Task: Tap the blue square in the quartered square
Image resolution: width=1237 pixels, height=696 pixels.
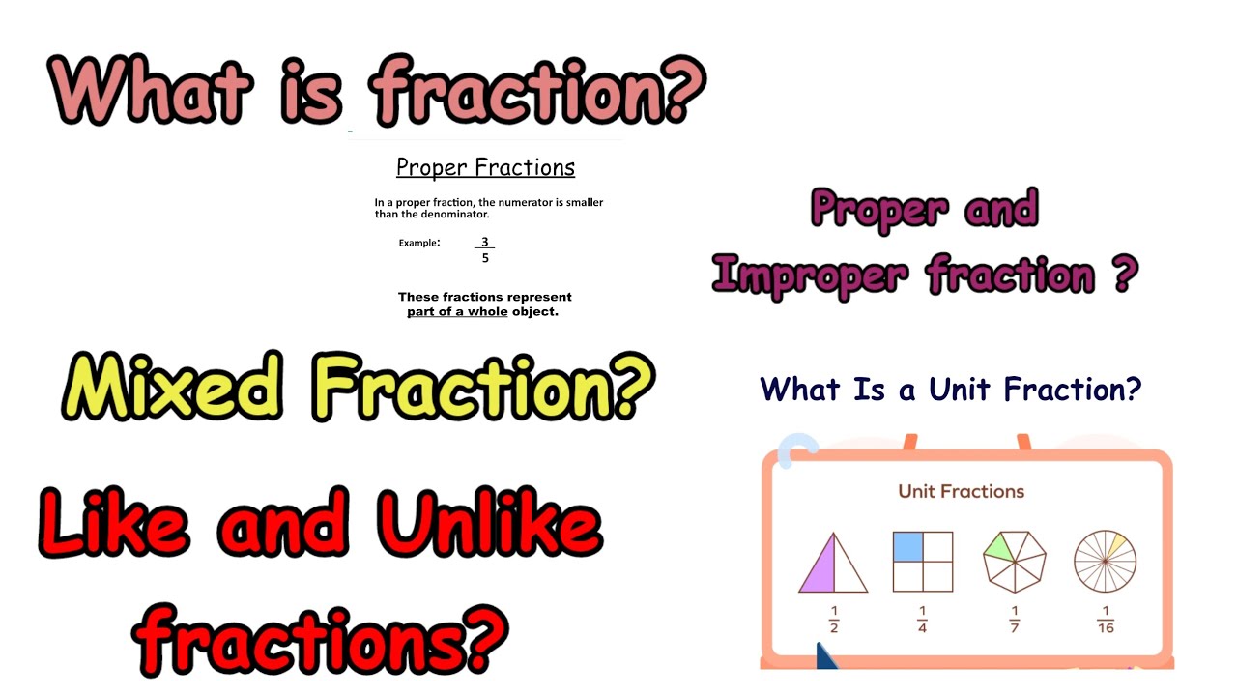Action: pos(907,547)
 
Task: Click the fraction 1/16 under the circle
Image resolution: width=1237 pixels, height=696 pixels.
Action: pos(1106,620)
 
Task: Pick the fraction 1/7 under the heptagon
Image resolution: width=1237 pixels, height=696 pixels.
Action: pos(1015,620)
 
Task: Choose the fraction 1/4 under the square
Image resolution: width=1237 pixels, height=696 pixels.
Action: pos(922,620)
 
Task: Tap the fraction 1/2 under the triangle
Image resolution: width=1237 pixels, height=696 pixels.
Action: pos(832,620)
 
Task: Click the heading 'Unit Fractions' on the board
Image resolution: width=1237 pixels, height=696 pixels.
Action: pos(961,491)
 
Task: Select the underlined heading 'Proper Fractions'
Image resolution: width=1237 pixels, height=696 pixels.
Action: pos(485,167)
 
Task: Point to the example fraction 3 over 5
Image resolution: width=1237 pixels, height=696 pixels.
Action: pos(485,249)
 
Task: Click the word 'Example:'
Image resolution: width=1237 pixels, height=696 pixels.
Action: pos(419,243)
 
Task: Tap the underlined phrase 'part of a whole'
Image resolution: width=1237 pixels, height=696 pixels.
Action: pos(457,312)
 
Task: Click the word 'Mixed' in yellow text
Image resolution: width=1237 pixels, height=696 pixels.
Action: pos(173,388)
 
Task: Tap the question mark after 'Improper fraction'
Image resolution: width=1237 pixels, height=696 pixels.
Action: pos(1121,274)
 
